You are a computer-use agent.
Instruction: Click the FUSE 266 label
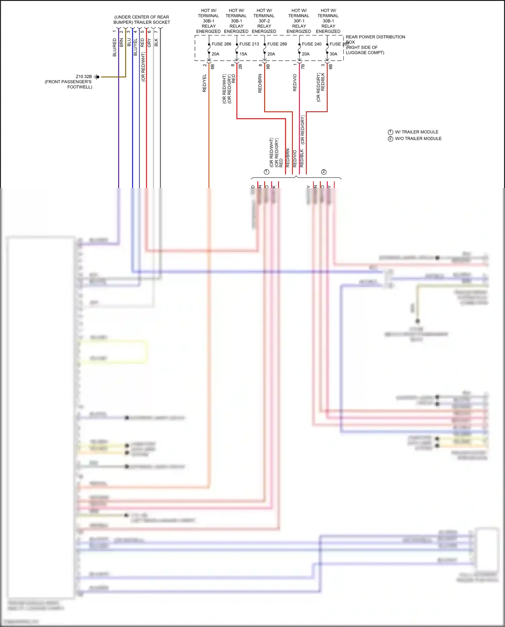221,44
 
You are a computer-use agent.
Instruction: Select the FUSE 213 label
249,44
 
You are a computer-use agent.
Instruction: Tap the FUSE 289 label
277,44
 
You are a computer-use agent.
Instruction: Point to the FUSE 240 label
311,44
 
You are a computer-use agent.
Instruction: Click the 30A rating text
333,54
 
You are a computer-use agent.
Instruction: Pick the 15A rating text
243,54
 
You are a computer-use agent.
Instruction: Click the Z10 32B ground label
83,76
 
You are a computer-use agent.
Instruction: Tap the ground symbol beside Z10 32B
97,77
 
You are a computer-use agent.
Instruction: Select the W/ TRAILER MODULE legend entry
416,132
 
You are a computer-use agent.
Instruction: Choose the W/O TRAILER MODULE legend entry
418,138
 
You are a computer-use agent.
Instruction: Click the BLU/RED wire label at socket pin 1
114,47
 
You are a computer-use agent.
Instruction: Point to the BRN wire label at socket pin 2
122,42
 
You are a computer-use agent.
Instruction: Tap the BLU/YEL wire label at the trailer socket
135,47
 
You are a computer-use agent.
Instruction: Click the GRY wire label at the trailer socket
149,43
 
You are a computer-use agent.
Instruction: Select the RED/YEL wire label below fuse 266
204,83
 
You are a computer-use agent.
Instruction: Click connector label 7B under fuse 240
303,67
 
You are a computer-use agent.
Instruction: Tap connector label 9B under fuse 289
268,67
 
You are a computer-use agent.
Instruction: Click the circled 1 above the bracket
267,172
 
